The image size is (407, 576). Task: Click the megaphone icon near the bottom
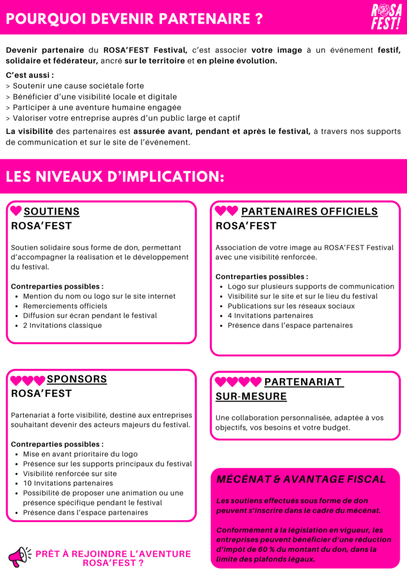tap(20, 557)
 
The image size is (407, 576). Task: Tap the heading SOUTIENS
tap(52, 211)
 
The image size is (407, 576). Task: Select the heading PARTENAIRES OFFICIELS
tap(309, 211)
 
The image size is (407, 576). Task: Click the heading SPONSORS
tap(76, 379)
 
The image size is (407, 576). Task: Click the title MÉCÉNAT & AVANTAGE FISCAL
tap(301, 479)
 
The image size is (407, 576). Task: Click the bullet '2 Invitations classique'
tap(62, 325)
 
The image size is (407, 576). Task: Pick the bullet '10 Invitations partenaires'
tap(68, 483)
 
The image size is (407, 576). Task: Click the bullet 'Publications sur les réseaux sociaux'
tap(291, 306)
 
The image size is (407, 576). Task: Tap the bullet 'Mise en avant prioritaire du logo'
tap(80, 454)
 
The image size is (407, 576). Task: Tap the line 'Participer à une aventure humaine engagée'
tap(93, 107)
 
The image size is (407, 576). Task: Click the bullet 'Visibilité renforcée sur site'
tap(70, 474)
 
